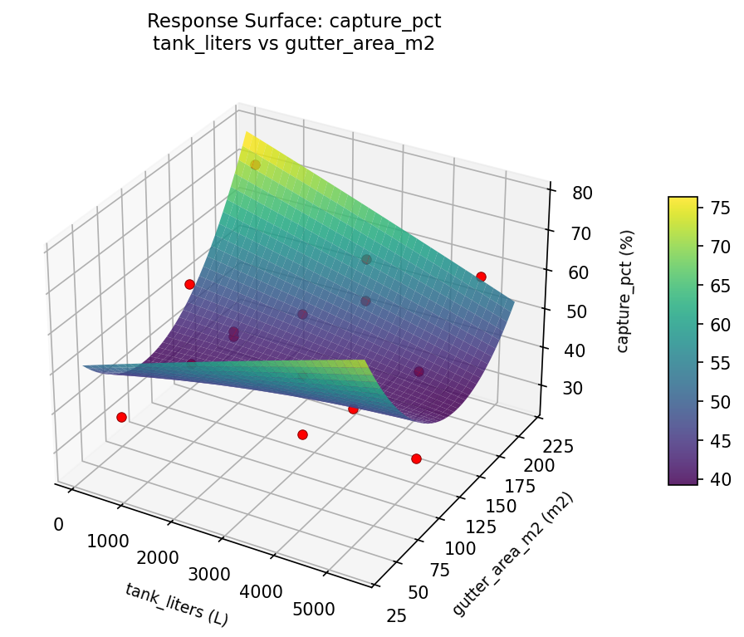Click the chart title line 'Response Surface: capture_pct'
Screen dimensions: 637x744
coord(294,21)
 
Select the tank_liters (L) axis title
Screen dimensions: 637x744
coord(176,604)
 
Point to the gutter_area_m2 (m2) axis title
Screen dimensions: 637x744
coord(512,554)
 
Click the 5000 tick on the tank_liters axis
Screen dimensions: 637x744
coord(315,610)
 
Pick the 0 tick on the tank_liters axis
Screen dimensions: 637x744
coord(58,524)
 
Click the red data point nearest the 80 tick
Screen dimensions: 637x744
coord(481,277)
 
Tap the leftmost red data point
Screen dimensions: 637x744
coord(121,417)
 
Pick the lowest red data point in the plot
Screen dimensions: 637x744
coord(416,458)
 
